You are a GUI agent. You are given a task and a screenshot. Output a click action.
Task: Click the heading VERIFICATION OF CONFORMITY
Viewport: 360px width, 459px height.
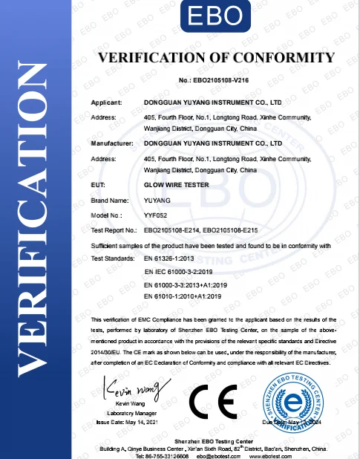pyautogui.click(x=215, y=58)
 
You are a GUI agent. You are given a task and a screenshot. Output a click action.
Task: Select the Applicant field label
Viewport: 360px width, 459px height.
pyautogui.click(x=106, y=100)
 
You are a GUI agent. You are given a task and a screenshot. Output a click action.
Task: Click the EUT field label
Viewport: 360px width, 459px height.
pyautogui.click(x=96, y=183)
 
